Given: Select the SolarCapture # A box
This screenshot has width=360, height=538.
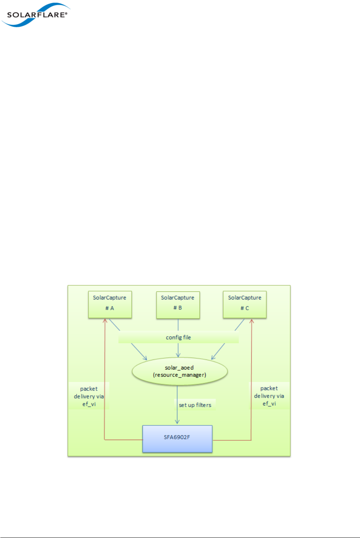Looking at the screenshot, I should point(110,305).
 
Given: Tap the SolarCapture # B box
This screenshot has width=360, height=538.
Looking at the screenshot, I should point(178,305).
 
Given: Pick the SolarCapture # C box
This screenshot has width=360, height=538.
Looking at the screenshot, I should point(245,305).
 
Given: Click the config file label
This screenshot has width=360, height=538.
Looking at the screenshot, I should point(178,337).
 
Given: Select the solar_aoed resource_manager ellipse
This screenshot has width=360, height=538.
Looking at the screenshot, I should point(180,371).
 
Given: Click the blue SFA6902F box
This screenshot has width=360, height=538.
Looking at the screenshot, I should point(177,439).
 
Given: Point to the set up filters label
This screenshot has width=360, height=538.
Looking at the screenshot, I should point(195,405).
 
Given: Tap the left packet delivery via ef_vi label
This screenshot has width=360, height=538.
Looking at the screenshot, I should point(89,396).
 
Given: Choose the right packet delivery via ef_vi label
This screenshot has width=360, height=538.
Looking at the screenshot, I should point(269,396).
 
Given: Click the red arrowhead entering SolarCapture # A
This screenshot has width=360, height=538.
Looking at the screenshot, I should point(105,321).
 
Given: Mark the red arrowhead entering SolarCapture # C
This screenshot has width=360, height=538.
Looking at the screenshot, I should point(252,321).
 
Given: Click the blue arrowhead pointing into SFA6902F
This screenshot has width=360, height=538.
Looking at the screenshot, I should point(177,422).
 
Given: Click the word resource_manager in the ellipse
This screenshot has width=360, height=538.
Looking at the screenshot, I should point(180,375).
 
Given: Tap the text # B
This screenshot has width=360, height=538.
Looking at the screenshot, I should point(178,308).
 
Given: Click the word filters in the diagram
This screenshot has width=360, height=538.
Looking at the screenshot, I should point(204,405).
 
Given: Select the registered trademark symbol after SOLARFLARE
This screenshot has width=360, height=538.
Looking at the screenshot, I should point(66,13).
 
